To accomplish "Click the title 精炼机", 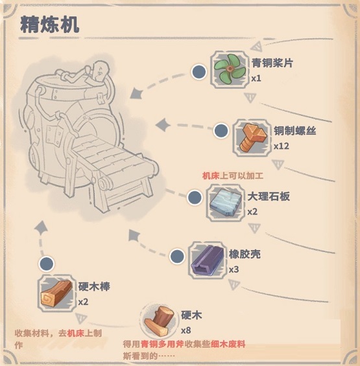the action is (x=49, y=25).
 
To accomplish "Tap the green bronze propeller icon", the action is (x=230, y=69).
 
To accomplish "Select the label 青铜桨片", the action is (x=272, y=63).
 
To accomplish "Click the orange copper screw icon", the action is (x=253, y=137).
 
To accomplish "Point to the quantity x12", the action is (x=282, y=146).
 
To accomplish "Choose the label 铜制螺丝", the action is (x=295, y=131).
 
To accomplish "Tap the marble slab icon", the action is (x=226, y=203).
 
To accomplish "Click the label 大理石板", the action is (x=269, y=196).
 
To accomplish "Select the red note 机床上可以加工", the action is (x=233, y=176).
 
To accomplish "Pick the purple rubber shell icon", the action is (x=208, y=260).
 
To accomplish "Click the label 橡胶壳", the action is (x=245, y=254).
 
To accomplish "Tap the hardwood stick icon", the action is (x=56, y=293).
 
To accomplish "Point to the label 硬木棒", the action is (x=94, y=287).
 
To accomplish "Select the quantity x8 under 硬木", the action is (x=186, y=330).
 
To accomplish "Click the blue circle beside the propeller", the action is (x=198, y=72).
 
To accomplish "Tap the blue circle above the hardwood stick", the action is (x=46, y=264).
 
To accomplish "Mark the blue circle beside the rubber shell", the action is (x=177, y=256).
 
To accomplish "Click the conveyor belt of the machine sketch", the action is (x=115, y=159).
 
